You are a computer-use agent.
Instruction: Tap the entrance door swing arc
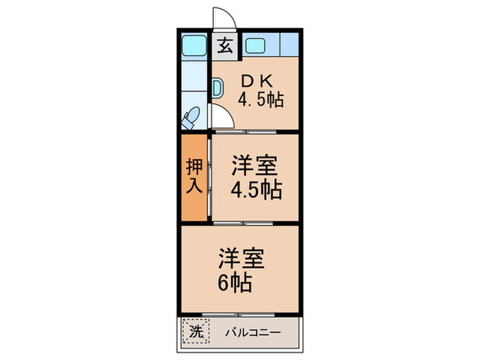point(225,18)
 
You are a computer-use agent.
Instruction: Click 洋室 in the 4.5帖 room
point(254,167)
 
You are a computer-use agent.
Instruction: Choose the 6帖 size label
point(235,281)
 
